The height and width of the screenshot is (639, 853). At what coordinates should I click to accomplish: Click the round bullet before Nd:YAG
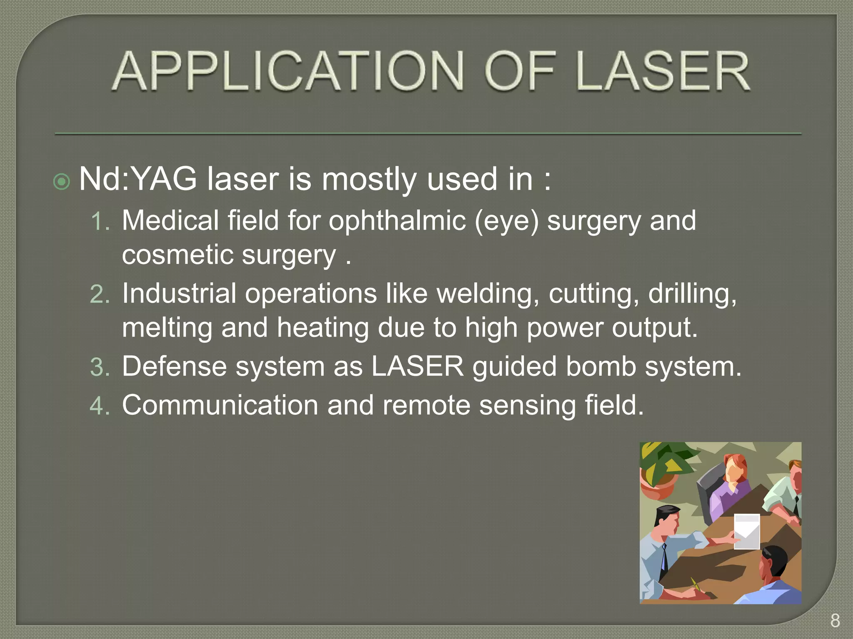[x=62, y=181]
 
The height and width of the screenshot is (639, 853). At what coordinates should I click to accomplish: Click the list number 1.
[x=100, y=221]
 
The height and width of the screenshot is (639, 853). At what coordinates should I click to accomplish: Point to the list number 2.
[x=100, y=295]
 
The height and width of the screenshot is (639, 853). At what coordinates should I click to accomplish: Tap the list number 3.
[x=100, y=368]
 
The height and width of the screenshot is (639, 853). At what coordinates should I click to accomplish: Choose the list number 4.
[x=100, y=406]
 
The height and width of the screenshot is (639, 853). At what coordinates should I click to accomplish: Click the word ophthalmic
[x=397, y=221]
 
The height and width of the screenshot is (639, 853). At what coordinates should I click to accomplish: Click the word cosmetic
[x=177, y=255]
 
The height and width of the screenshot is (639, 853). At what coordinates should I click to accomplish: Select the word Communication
[x=220, y=405]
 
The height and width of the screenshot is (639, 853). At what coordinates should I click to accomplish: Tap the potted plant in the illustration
[x=660, y=470]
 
